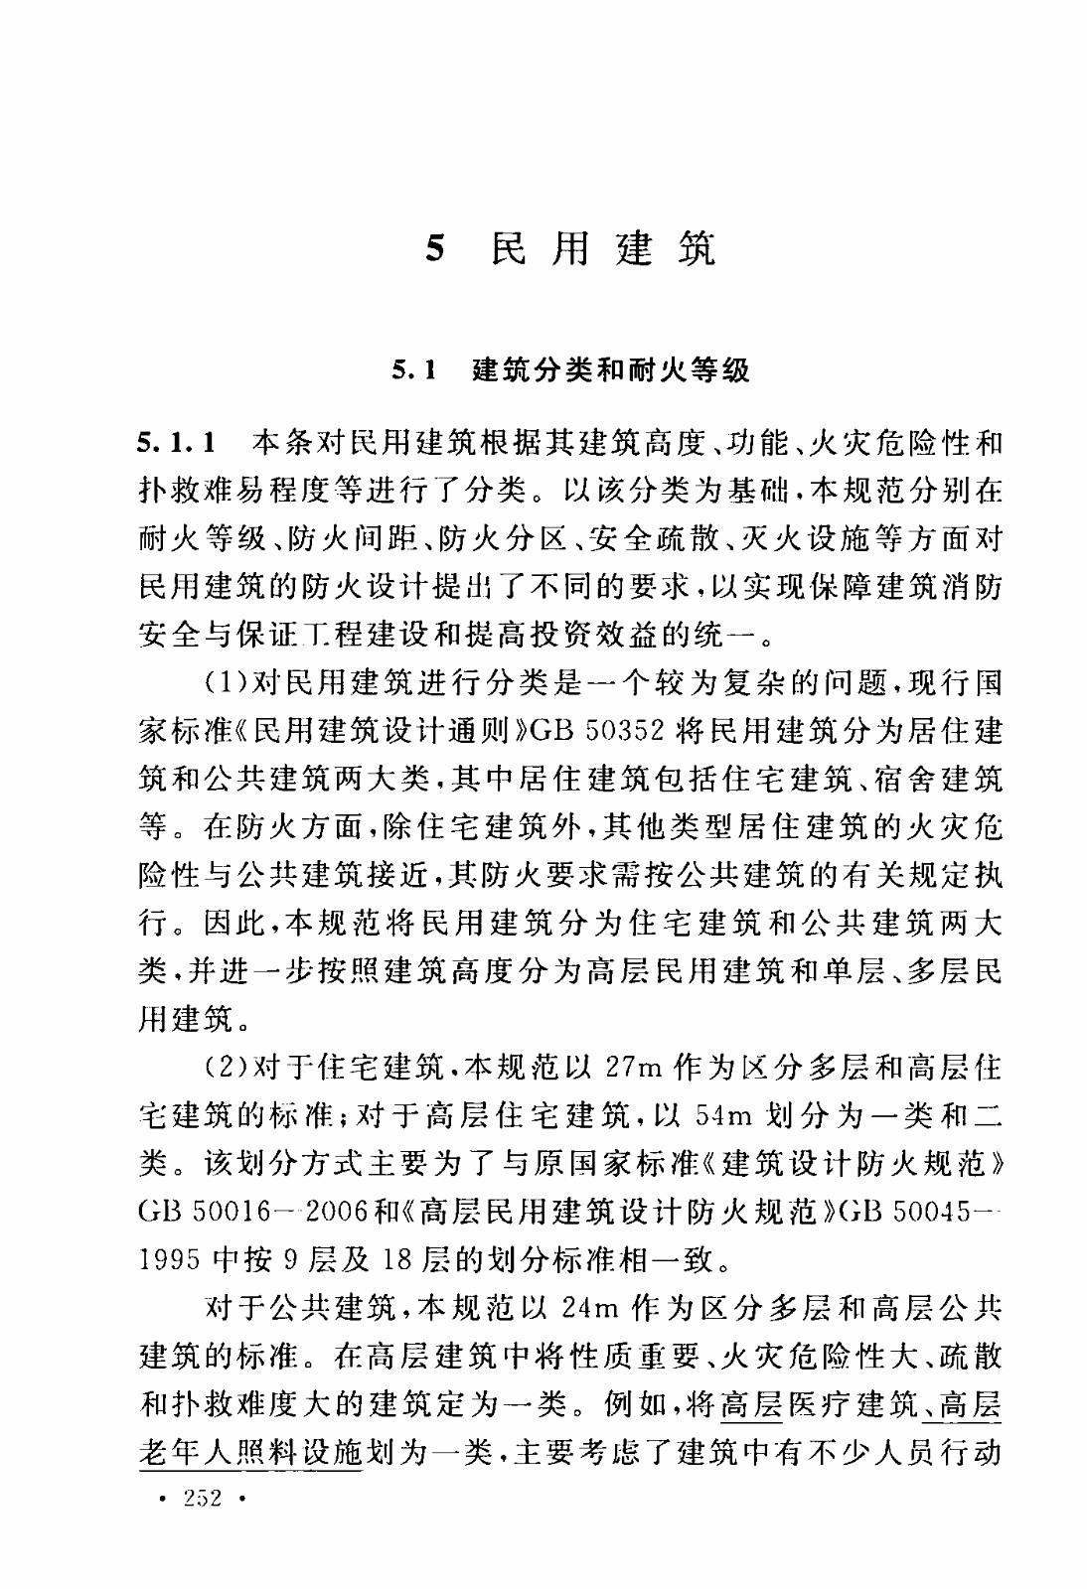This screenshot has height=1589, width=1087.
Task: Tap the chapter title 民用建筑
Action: point(603,248)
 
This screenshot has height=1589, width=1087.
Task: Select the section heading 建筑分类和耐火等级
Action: point(611,371)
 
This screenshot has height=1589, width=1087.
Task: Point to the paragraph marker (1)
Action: point(228,683)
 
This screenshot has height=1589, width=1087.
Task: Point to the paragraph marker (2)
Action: point(228,1069)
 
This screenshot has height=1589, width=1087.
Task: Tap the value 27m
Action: point(633,1069)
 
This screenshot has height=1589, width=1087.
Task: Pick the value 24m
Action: point(591,1308)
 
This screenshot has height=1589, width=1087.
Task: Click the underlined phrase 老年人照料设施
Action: point(251,1454)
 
